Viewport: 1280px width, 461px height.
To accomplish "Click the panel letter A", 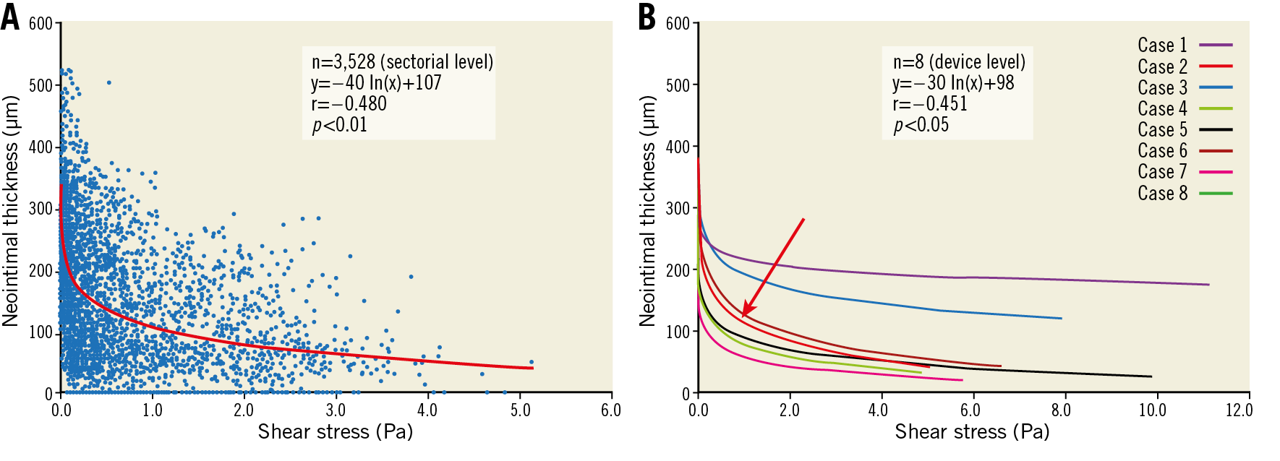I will click(x=10, y=17).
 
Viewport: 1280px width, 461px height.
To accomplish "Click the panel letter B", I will click(x=647, y=17).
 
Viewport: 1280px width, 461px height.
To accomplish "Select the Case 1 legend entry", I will click(x=1185, y=45).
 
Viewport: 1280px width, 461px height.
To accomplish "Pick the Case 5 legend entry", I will click(x=1185, y=129).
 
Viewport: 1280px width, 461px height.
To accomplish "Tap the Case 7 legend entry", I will click(x=1185, y=171).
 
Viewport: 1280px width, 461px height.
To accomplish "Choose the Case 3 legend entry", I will click(x=1185, y=87).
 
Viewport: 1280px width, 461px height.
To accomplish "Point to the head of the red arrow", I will click(x=743, y=316).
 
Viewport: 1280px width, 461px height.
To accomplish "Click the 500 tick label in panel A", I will click(x=40, y=85).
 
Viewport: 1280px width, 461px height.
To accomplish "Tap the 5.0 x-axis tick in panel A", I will click(x=519, y=410).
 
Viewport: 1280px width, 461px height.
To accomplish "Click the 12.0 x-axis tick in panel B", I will click(x=1238, y=410).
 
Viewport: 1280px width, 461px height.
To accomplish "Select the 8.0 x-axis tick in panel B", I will click(x=1061, y=410).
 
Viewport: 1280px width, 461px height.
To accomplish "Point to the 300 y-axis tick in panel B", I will click(x=678, y=208).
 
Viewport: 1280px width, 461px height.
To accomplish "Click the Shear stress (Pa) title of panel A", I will click(x=335, y=432).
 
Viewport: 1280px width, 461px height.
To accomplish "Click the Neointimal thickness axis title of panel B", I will click(x=647, y=210).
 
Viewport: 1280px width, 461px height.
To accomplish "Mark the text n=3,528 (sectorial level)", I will click(x=402, y=61).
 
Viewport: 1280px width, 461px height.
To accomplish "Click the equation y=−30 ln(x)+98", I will click(x=953, y=83).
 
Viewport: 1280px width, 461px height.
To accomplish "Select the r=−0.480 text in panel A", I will click(x=349, y=104).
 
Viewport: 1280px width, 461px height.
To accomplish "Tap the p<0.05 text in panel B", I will click(x=921, y=125).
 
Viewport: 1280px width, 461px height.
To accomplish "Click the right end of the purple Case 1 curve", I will click(x=1208, y=285).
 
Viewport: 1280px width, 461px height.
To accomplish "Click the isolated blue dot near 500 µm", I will click(x=109, y=82).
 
